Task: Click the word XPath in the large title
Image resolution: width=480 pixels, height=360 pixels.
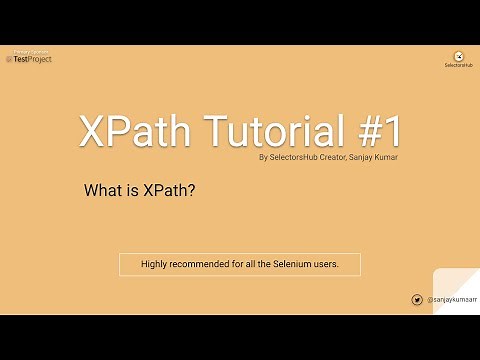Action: pos(125,131)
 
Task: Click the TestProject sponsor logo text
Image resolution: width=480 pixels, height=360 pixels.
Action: pos(32,59)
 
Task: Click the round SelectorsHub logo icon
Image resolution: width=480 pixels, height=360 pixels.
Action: pos(458,56)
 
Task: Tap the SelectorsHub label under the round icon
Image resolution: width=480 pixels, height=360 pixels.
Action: pos(458,66)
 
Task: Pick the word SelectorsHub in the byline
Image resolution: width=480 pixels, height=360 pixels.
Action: pos(287,156)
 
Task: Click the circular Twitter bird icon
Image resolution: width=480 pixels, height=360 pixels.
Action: pos(417,299)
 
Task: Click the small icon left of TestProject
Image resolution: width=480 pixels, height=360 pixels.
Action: pos(9,59)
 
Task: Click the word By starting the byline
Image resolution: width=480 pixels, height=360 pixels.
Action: pos(263,156)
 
